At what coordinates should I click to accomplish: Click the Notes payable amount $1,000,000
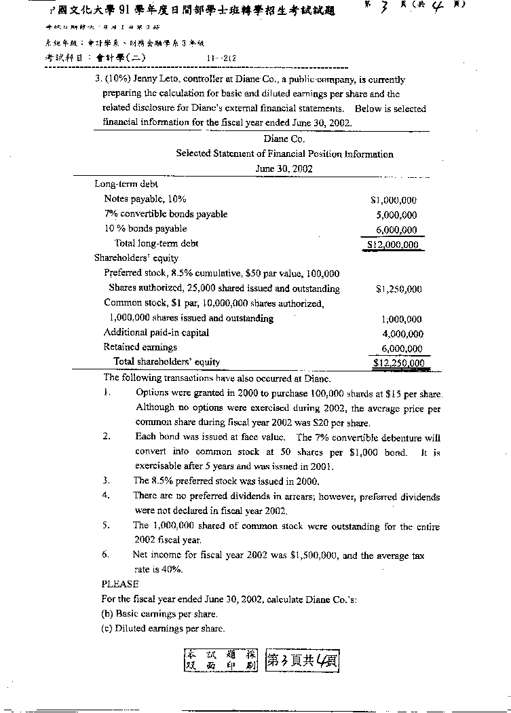click(394, 200)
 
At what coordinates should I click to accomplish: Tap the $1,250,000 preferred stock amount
click(398, 289)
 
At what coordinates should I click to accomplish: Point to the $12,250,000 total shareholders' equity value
click(399, 363)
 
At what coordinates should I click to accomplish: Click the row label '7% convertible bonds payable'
click(166, 215)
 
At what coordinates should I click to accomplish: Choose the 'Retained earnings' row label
click(140, 348)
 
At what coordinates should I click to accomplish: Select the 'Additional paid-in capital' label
click(156, 333)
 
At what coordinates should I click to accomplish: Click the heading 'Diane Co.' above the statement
click(284, 139)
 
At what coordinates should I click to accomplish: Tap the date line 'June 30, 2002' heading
click(284, 168)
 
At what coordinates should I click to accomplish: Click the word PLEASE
click(120, 584)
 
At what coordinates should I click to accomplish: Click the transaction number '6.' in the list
click(107, 555)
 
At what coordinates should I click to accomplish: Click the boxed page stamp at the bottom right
click(302, 659)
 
